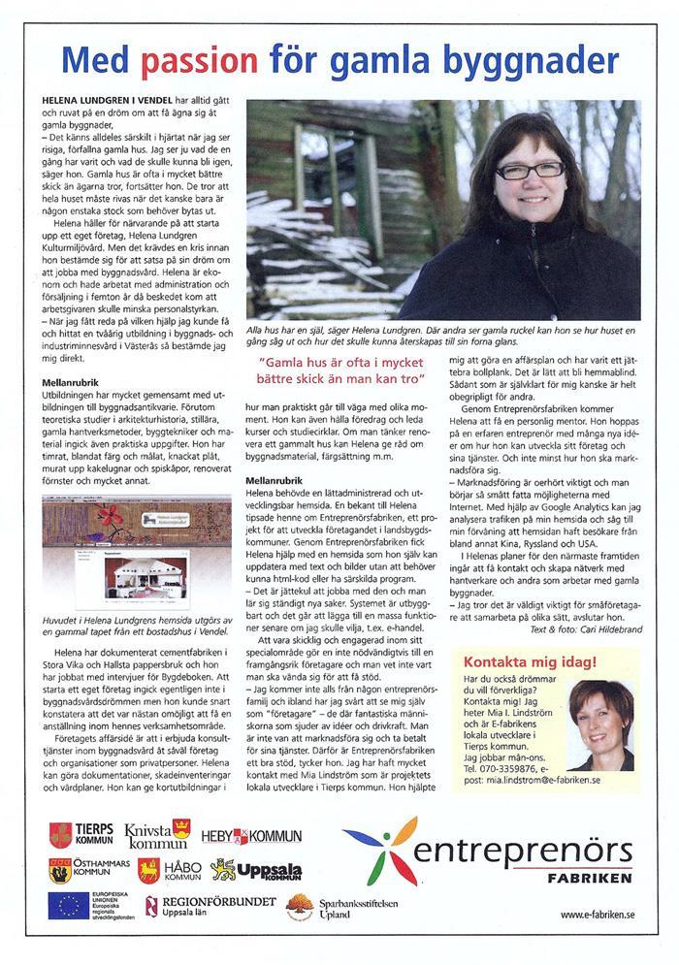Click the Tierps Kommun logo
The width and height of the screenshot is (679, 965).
(81, 834)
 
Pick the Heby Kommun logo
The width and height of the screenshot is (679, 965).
(251, 836)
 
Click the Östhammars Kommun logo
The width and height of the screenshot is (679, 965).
(85, 869)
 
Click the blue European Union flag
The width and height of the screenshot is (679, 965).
(69, 906)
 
